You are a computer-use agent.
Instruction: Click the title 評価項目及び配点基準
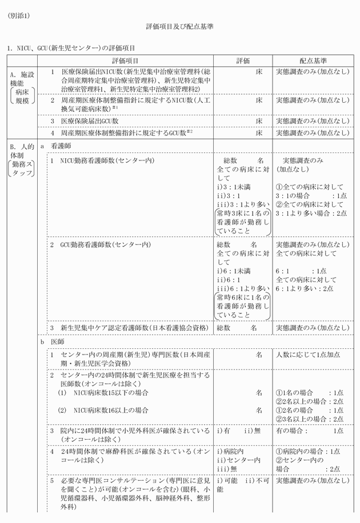click(180, 27)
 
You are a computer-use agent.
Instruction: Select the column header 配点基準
click(312, 61)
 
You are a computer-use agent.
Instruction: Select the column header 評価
click(243, 61)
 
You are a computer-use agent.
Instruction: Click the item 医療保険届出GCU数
click(90, 120)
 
